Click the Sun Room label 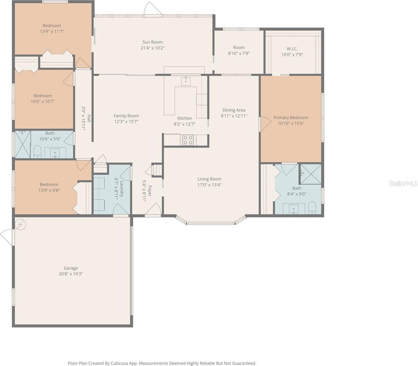[x=152, y=42]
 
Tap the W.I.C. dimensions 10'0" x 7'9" [x=292, y=55]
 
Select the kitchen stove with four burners [x=188, y=140]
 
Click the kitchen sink [x=186, y=81]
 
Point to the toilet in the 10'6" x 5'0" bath [x=37, y=151]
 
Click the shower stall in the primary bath [x=311, y=174]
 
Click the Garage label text [x=71, y=268]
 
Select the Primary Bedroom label [x=291, y=117]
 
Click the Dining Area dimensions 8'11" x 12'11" [x=234, y=116]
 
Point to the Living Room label [x=209, y=179]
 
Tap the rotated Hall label [x=89, y=118]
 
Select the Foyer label [x=150, y=191]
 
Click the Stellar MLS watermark [x=403, y=184]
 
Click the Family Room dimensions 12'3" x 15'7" [x=126, y=122]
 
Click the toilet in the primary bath [x=312, y=208]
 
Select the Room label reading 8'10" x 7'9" [x=239, y=48]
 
